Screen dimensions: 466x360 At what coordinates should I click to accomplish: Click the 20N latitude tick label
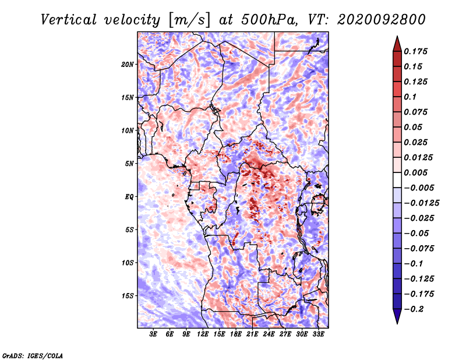point(128,65)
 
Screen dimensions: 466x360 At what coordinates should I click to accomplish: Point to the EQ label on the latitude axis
point(129,197)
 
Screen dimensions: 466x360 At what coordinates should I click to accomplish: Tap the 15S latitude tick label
point(128,296)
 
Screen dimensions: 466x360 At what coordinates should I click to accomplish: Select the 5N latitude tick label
point(129,164)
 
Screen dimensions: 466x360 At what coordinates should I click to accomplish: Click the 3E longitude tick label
point(153,334)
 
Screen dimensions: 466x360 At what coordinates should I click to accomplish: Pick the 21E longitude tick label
point(252,334)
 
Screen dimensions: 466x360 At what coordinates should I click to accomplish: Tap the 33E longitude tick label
point(318,334)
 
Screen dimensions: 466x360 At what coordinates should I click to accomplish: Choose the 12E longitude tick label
point(203,334)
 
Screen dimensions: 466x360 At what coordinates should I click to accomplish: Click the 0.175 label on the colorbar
point(415,51)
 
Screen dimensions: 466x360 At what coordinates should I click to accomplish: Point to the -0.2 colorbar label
point(414,309)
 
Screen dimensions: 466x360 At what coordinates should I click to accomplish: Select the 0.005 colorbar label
point(415,172)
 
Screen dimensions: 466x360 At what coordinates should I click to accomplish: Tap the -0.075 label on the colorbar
point(419,249)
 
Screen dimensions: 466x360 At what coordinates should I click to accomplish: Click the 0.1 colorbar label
point(410,97)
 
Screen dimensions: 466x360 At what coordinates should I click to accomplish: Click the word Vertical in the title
point(69,20)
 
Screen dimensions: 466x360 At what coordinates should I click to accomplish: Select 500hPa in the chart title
point(269,20)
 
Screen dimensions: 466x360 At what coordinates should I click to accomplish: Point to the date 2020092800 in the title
point(382,20)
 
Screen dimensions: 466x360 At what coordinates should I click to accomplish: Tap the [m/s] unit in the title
point(189,20)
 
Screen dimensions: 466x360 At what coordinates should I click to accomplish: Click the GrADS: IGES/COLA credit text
point(33,356)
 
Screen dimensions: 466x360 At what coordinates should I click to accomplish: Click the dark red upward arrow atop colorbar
point(397,44)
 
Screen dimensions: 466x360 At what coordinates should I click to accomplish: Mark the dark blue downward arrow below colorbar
point(397,316)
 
